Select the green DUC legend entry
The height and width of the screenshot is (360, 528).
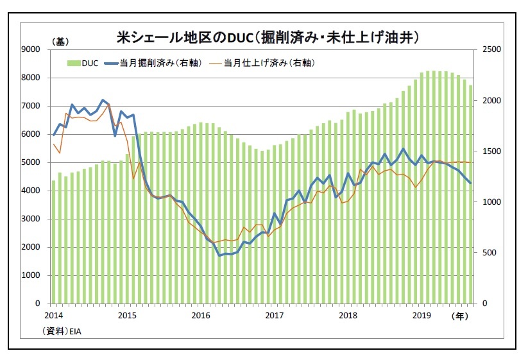coord(83,63)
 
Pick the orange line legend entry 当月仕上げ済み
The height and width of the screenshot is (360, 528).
coord(263,63)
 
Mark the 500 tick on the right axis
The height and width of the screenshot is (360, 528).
coord(490,253)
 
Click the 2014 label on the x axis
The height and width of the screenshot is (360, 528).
coord(54,316)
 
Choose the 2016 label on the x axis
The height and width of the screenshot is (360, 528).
coord(201,316)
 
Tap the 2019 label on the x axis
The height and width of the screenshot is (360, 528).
coord(422,316)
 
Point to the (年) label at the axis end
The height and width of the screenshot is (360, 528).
coord(459,316)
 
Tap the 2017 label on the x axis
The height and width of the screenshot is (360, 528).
coord(275,316)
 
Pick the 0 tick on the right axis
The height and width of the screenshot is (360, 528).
coord(485,304)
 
